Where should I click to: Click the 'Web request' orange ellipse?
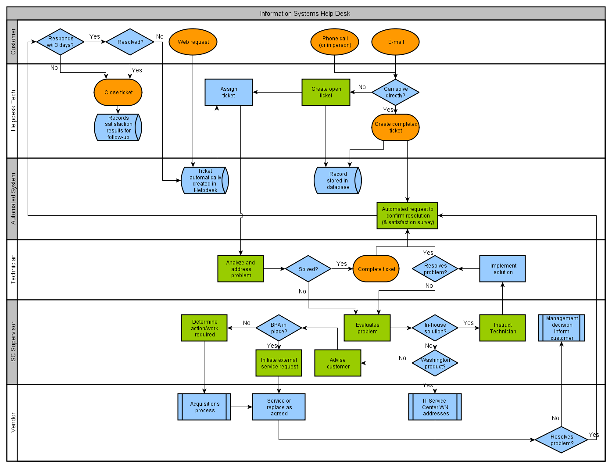pyautogui.click(x=193, y=42)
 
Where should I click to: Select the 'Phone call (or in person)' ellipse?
pyautogui.click(x=335, y=42)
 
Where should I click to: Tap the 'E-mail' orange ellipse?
pyautogui.click(x=395, y=42)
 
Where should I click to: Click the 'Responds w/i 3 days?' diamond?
pyautogui.click(x=61, y=42)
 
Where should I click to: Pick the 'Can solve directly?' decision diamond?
pyautogui.click(x=395, y=92)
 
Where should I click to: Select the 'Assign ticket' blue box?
pyautogui.click(x=229, y=92)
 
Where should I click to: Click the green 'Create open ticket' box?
pyautogui.click(x=326, y=92)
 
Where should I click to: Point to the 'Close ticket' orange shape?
pyautogui.click(x=118, y=93)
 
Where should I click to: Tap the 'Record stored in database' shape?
pyautogui.click(x=338, y=180)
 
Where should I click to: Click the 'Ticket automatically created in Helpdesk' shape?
pyautogui.click(x=205, y=180)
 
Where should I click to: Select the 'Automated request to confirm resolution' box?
pyautogui.click(x=407, y=215)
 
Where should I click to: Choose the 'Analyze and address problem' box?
pyautogui.click(x=240, y=269)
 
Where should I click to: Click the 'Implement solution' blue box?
pyautogui.click(x=502, y=269)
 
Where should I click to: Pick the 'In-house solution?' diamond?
pyautogui.click(x=435, y=328)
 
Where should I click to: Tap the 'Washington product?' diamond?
pyautogui.click(x=435, y=363)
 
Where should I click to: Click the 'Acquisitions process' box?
pyautogui.click(x=204, y=407)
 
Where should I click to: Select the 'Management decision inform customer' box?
pyautogui.click(x=562, y=328)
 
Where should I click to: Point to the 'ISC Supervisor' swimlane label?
pyautogui.click(x=13, y=342)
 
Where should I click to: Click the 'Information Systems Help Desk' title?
pyautogui.click(x=305, y=14)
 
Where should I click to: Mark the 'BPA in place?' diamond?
pyautogui.click(x=279, y=328)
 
